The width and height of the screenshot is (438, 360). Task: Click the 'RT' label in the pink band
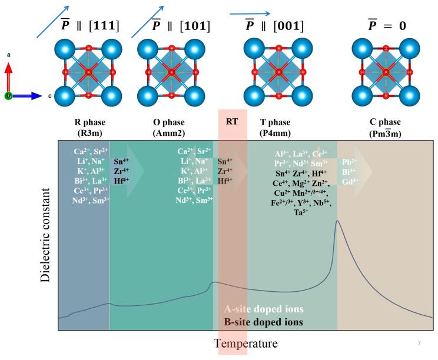click(x=232, y=122)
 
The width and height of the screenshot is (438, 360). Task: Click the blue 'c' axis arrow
click(x=26, y=95)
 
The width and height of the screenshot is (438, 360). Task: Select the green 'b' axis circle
click(x=8, y=95)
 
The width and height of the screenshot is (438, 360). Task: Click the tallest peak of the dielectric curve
click(x=337, y=221)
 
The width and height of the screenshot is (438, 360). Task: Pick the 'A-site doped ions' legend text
click(x=263, y=309)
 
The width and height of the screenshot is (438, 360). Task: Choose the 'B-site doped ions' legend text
click(x=263, y=322)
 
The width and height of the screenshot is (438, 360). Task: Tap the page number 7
click(x=419, y=343)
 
